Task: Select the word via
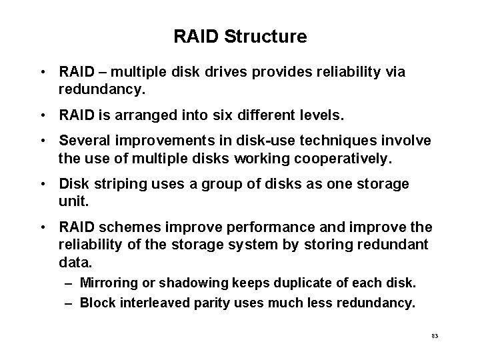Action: click(x=394, y=72)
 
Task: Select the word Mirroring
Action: click(x=108, y=283)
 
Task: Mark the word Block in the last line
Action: click(x=96, y=303)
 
